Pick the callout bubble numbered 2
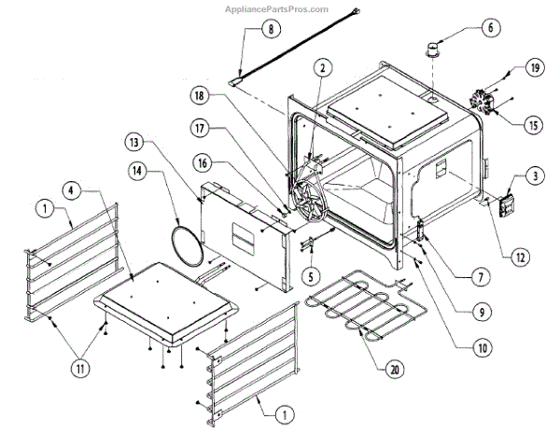click(322, 67)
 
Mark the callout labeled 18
click(227, 94)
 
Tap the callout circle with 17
click(227, 128)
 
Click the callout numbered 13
click(137, 142)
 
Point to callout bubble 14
click(138, 172)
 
